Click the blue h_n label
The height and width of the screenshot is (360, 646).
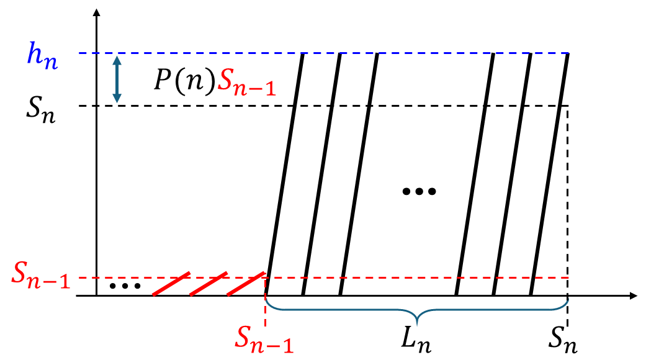(x=42, y=55)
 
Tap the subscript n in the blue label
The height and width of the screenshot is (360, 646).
(x=50, y=61)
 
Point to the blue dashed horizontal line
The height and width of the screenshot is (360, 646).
(x=323, y=53)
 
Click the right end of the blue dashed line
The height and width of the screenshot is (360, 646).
(x=568, y=53)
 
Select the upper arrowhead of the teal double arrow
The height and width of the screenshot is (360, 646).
(x=117, y=60)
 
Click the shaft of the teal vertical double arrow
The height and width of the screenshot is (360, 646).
(x=117, y=79)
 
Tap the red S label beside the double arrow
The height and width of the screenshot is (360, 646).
(x=246, y=81)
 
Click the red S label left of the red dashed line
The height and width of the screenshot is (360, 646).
(x=40, y=275)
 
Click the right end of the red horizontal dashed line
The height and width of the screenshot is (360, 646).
(x=568, y=277)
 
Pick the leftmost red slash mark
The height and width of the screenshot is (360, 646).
(x=171, y=284)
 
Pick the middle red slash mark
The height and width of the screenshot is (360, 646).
(x=209, y=284)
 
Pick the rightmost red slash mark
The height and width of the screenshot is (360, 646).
(x=246, y=284)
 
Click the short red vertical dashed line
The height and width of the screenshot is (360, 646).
(x=266, y=304)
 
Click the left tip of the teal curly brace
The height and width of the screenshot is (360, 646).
(x=266, y=299)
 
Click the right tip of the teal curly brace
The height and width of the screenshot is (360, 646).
(x=568, y=299)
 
